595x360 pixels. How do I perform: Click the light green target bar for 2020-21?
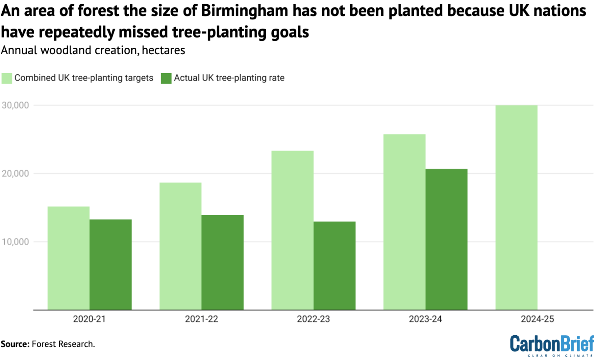click(69, 258)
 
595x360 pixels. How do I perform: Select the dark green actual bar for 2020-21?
click(110, 265)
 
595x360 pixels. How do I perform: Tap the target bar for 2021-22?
click(181, 246)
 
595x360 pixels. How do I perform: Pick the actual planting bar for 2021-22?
click(222, 262)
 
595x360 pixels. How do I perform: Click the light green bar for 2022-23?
click(292, 230)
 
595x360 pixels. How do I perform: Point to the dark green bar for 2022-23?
click(334, 266)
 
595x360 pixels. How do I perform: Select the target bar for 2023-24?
click(404, 222)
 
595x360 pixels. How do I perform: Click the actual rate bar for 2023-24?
click(446, 239)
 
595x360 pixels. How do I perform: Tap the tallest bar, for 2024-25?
click(516, 207)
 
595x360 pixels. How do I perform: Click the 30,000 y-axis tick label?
click(15, 105)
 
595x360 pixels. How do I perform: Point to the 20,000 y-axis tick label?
click(15, 174)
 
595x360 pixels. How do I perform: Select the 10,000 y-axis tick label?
click(15, 242)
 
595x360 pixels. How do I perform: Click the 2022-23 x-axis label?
click(313, 319)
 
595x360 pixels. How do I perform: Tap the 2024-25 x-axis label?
click(537, 319)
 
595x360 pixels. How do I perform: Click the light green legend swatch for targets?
click(7, 78)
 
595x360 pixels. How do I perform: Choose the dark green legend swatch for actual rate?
click(166, 78)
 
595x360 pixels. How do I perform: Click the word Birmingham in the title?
click(245, 11)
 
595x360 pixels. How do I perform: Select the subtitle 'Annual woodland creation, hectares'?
click(93, 50)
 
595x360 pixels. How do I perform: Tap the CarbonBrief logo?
click(552, 345)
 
